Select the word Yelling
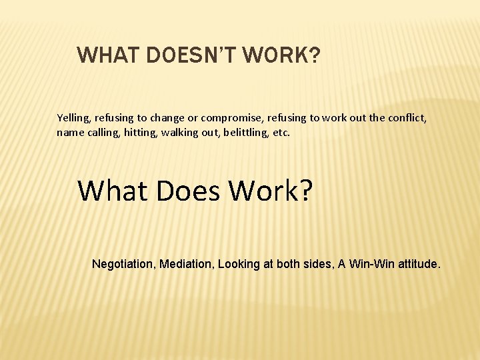point(73,118)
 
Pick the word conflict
point(407,118)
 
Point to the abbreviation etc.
point(282,132)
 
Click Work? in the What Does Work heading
point(271,191)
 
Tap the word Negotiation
point(123,264)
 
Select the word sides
point(317,264)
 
